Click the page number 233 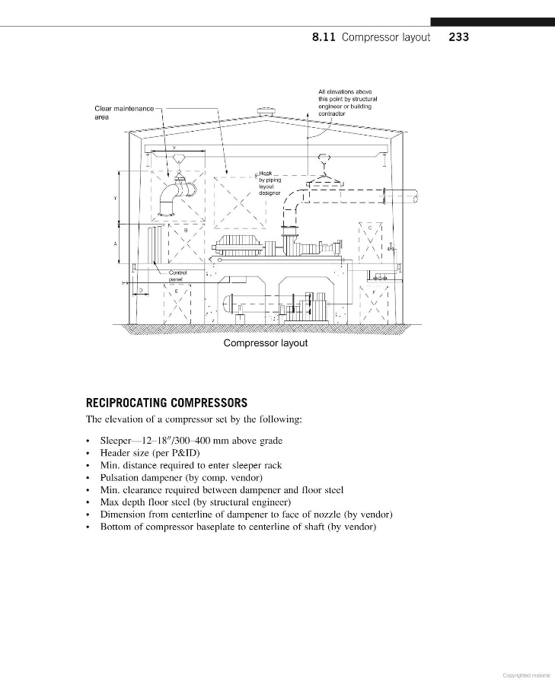(459, 37)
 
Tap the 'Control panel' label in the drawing (177, 276)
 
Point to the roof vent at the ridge (266, 113)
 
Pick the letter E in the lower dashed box (177, 291)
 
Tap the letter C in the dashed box (371, 228)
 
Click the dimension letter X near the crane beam (174, 147)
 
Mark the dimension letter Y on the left (115, 200)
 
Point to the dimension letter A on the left (115, 244)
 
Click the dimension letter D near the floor (140, 291)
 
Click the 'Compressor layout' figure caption (266, 343)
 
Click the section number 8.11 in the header (325, 37)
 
